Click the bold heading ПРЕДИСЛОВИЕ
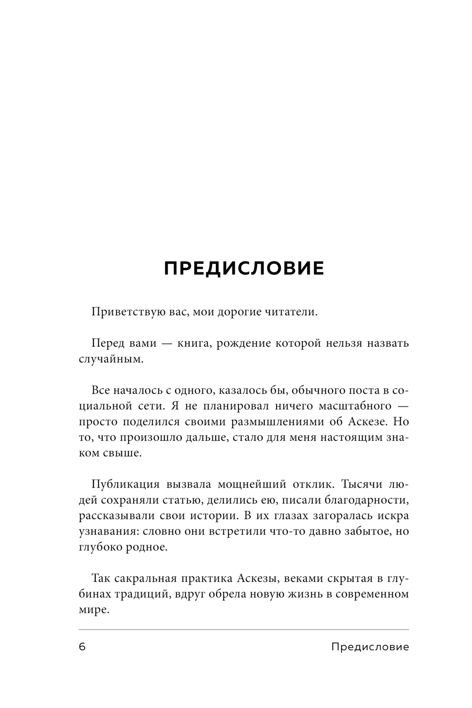244,268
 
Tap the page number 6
82,647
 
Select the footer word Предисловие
370,647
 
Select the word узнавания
104,531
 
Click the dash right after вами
166,343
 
